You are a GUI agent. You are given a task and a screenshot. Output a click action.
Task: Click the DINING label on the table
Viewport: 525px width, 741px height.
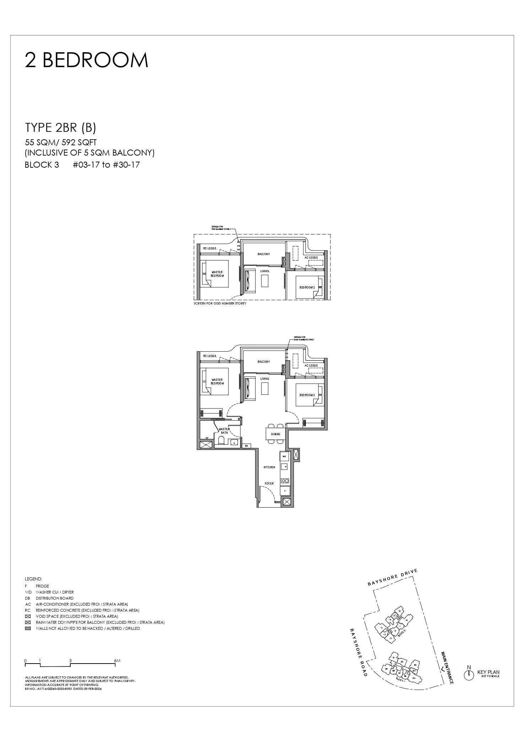(x=275, y=434)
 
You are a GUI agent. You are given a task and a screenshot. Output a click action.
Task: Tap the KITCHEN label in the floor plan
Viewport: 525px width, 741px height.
(x=269, y=467)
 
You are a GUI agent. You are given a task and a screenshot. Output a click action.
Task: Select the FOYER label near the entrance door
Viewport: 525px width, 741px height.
(x=269, y=483)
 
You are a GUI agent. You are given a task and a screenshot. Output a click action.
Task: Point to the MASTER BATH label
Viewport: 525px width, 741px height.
(x=224, y=431)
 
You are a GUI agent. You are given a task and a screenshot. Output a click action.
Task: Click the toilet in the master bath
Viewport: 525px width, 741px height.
(x=221, y=441)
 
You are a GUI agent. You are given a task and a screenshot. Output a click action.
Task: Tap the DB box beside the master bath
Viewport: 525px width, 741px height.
(x=246, y=446)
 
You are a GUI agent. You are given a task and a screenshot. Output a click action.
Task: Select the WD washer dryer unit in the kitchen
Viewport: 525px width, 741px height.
(x=284, y=456)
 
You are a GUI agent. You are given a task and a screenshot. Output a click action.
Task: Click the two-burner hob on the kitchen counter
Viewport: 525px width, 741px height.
(x=285, y=481)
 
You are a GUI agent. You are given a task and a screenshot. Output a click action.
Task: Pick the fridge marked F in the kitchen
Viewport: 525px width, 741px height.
(x=285, y=491)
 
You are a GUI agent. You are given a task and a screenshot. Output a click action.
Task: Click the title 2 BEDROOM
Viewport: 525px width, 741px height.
(x=86, y=60)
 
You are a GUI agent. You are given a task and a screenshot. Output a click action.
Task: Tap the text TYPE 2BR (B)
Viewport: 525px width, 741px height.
(x=60, y=127)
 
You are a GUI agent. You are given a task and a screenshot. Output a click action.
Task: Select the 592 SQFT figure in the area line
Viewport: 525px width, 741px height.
(x=79, y=142)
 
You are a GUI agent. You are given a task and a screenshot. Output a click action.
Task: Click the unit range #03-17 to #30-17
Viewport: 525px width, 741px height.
(x=106, y=165)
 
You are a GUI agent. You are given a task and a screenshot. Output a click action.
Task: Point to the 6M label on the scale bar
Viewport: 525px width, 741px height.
(x=118, y=661)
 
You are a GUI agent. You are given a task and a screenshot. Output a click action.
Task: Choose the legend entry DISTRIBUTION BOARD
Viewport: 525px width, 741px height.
(x=54, y=598)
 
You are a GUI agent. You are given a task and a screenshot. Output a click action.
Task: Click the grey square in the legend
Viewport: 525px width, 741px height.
(x=28, y=628)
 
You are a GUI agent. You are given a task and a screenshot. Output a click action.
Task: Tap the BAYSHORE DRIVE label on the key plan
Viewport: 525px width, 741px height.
(x=392, y=577)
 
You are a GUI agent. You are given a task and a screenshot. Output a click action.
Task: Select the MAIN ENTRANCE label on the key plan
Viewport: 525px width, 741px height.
(x=447, y=668)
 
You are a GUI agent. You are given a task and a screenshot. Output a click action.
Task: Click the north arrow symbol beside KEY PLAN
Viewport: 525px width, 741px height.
(x=469, y=675)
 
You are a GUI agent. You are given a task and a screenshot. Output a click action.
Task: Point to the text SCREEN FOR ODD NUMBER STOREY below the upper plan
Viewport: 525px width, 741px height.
(x=220, y=304)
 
